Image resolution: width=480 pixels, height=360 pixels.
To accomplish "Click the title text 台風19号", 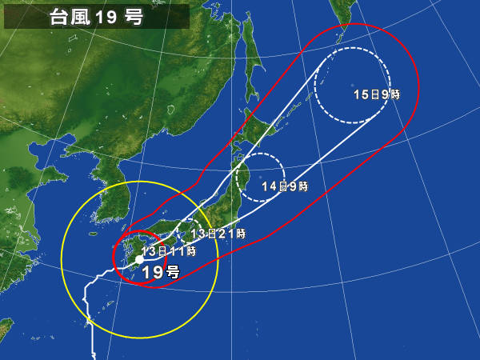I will click(x=96, y=17).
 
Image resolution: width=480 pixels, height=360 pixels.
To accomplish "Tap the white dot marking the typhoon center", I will click(x=139, y=260).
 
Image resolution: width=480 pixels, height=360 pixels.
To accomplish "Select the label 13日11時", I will click(x=169, y=251).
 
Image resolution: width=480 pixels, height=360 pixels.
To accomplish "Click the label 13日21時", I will click(x=218, y=234).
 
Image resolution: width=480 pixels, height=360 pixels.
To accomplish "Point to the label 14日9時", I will click(x=284, y=186).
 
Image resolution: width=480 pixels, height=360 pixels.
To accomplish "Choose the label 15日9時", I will click(x=376, y=94).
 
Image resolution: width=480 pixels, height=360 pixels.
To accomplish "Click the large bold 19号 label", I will click(x=160, y=272).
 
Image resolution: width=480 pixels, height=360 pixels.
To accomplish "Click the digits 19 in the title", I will click(x=106, y=17).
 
